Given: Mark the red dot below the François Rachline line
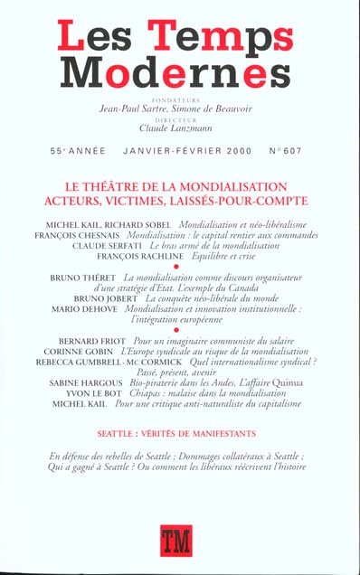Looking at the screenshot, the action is click(181, 268).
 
